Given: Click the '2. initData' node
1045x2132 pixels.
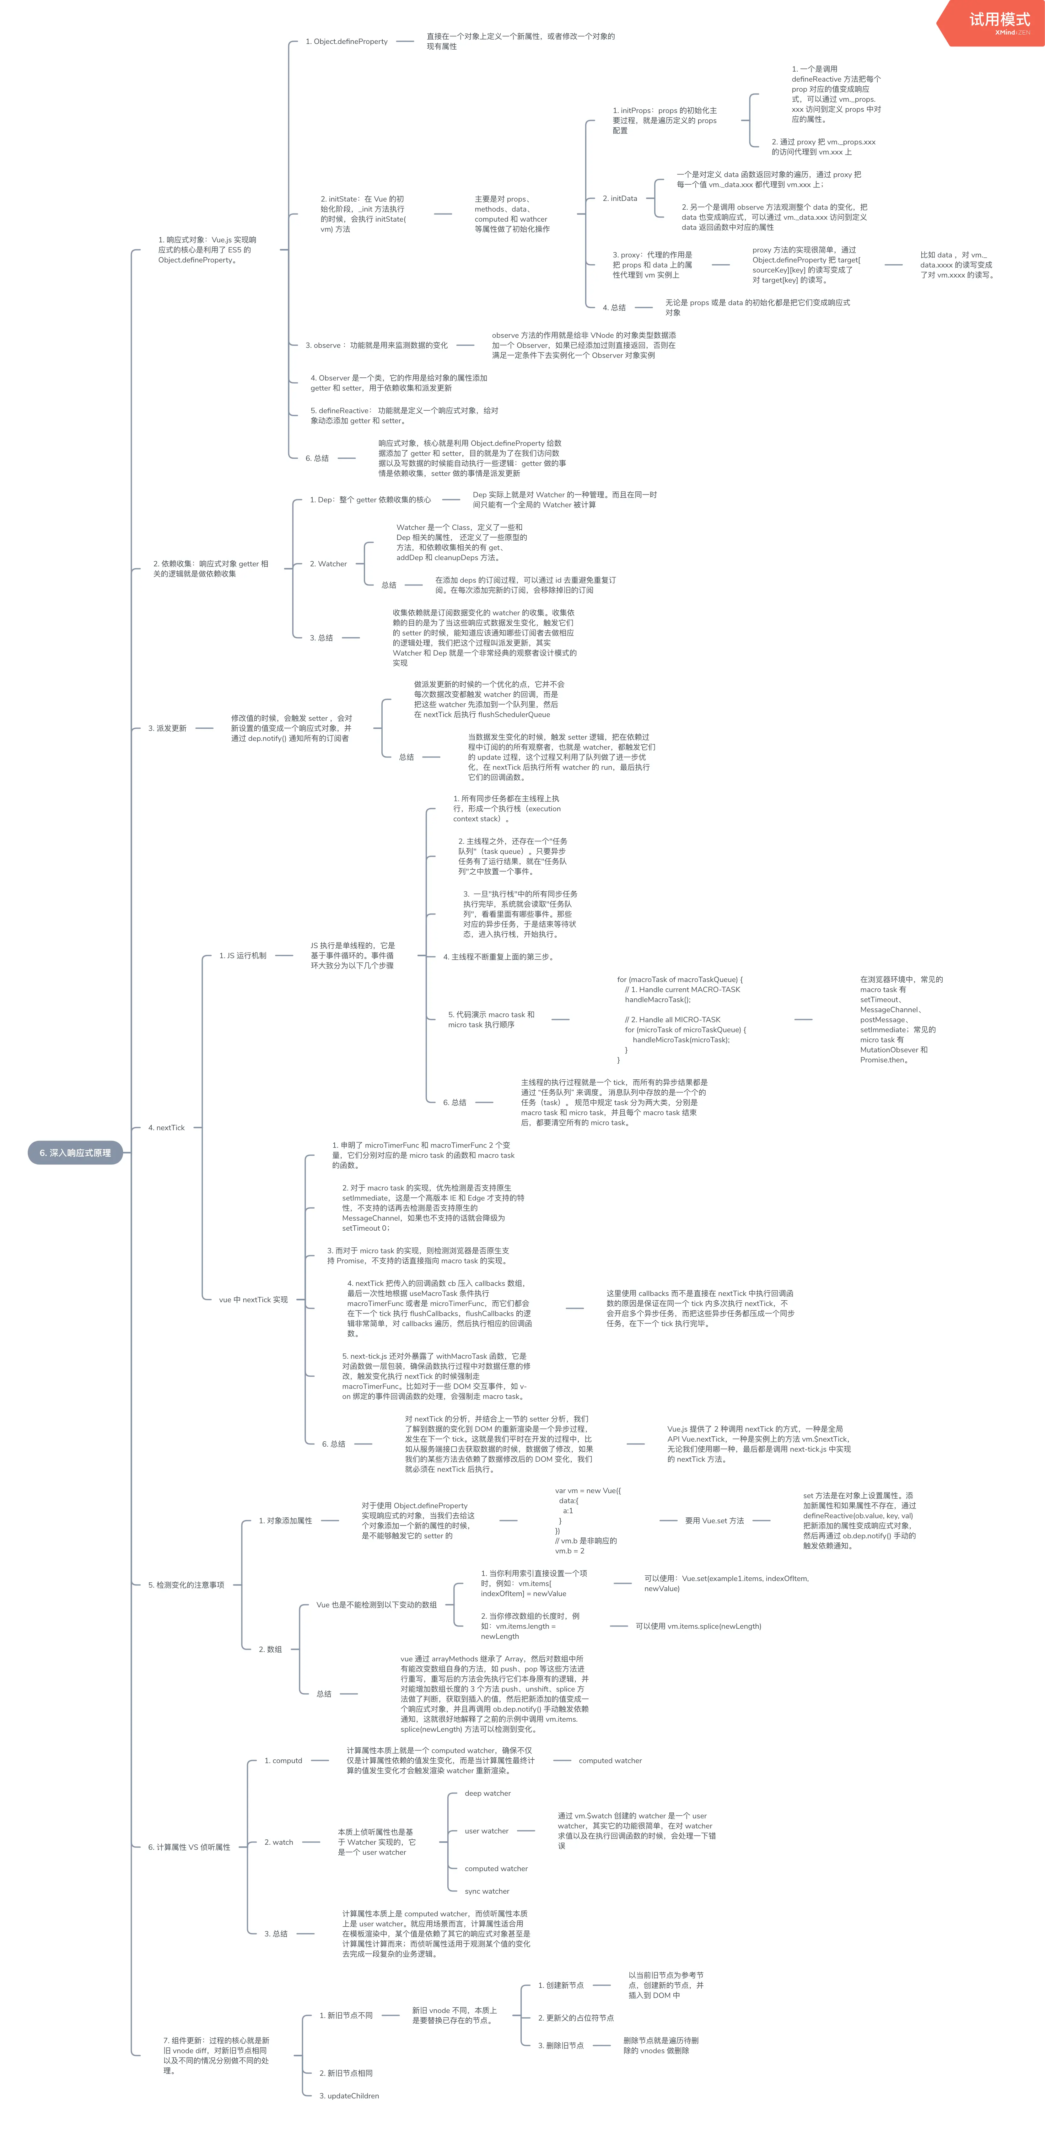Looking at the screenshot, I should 620,199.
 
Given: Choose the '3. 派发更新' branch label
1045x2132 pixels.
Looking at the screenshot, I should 167,728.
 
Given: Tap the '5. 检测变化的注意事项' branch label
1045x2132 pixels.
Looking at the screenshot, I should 186,1585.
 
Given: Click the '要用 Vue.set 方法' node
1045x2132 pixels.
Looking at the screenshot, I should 714,1520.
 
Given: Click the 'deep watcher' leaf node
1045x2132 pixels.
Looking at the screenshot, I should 487,1794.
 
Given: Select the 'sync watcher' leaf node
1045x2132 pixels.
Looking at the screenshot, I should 487,1891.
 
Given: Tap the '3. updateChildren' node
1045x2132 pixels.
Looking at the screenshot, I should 349,2096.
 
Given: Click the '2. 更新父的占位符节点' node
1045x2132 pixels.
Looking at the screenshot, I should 576,2018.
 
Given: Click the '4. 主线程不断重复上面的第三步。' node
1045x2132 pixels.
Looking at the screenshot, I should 498,957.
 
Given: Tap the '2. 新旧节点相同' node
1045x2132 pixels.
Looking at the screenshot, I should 346,2073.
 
